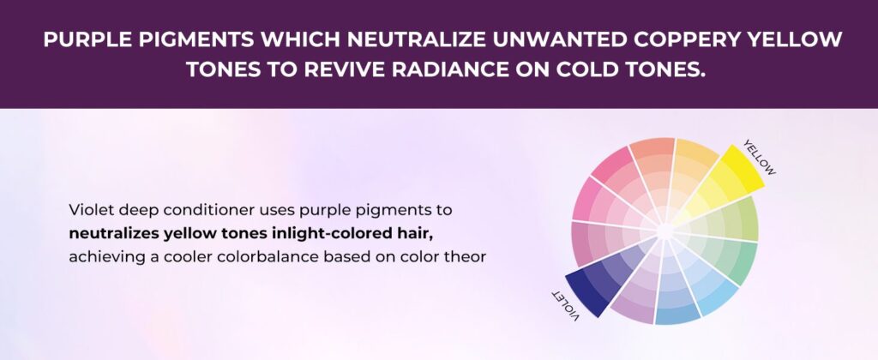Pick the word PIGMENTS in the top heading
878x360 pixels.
[x=197, y=40]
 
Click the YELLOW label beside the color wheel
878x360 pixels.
[x=760, y=158]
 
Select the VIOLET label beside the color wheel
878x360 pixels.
[x=566, y=305]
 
